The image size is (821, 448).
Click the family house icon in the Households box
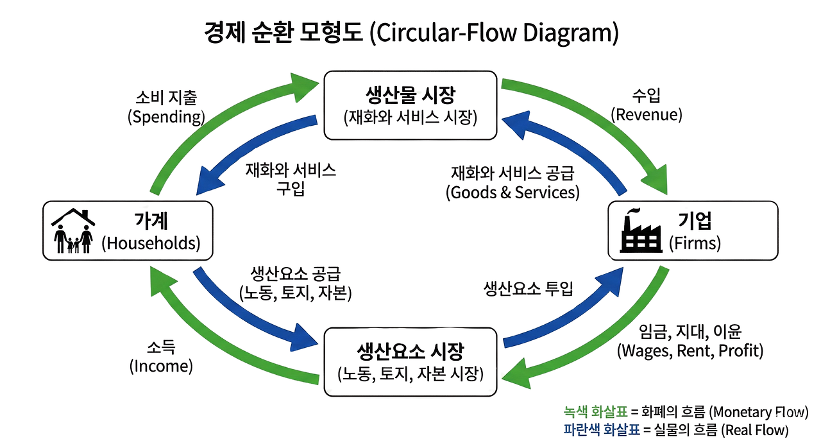[x=73, y=231]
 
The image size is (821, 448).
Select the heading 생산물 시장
[x=410, y=96]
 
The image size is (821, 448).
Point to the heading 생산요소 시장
[x=410, y=351]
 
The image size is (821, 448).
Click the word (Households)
[x=151, y=243]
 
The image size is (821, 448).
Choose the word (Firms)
[x=695, y=243]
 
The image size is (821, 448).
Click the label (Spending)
[x=166, y=117]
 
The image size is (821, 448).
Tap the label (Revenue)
[x=646, y=114]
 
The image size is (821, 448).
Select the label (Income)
[x=161, y=366]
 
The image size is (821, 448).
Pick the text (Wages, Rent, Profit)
[x=690, y=351]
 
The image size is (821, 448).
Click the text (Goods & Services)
[x=512, y=192]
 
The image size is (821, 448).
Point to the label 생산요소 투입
[x=528, y=289]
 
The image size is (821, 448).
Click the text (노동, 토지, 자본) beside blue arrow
[x=296, y=293]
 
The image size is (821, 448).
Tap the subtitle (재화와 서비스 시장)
[x=410, y=117]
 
